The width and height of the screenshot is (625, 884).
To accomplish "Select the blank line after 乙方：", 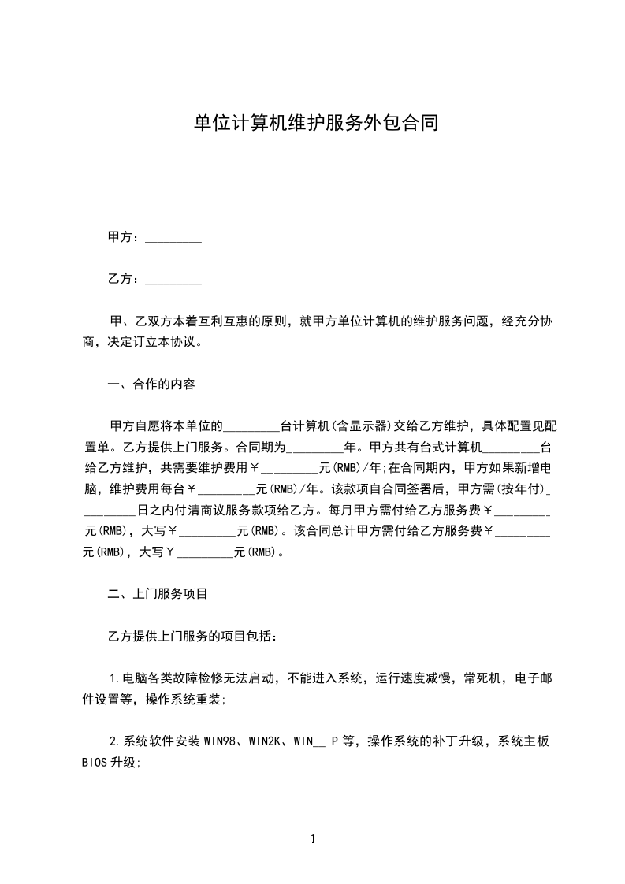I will click(173, 280).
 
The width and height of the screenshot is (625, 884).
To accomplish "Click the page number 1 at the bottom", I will click(313, 839).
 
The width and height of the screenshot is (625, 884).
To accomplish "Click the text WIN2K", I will click(266, 741).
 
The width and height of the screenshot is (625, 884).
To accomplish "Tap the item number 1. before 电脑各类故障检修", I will click(113, 678).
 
